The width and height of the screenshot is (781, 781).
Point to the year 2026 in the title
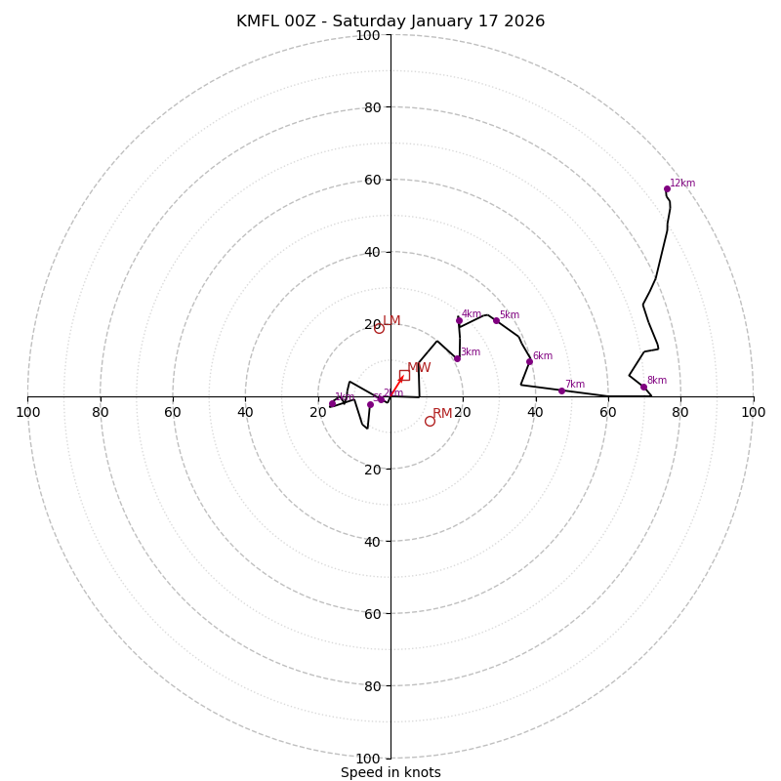pyautogui.click(x=524, y=21)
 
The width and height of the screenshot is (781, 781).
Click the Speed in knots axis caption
pyautogui.click(x=390, y=772)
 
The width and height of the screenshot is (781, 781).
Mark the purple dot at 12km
pyautogui.click(x=667, y=188)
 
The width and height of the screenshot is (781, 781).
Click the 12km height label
pyautogui.click(x=682, y=184)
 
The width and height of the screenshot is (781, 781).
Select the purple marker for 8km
pyautogui.click(x=643, y=387)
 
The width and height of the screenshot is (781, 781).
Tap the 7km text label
pyautogui.click(x=575, y=385)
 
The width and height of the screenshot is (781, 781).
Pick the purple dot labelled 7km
pyautogui.click(x=561, y=390)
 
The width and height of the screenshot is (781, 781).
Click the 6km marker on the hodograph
pyautogui.click(x=529, y=361)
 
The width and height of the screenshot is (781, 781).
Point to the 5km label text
pyautogui.click(x=510, y=315)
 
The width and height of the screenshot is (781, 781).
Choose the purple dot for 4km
pyautogui.click(x=459, y=320)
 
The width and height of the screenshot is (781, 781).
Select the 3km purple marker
pyautogui.click(x=456, y=358)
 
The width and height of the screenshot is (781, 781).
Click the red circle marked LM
pyautogui.click(x=379, y=328)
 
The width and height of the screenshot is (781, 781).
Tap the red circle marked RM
pyautogui.click(x=430, y=421)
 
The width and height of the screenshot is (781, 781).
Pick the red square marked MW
pyautogui.click(x=404, y=375)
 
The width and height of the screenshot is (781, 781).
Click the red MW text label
pyautogui.click(x=419, y=368)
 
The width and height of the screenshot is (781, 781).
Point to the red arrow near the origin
pyautogui.click(x=398, y=381)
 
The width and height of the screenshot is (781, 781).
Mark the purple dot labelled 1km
pyautogui.click(x=332, y=403)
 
